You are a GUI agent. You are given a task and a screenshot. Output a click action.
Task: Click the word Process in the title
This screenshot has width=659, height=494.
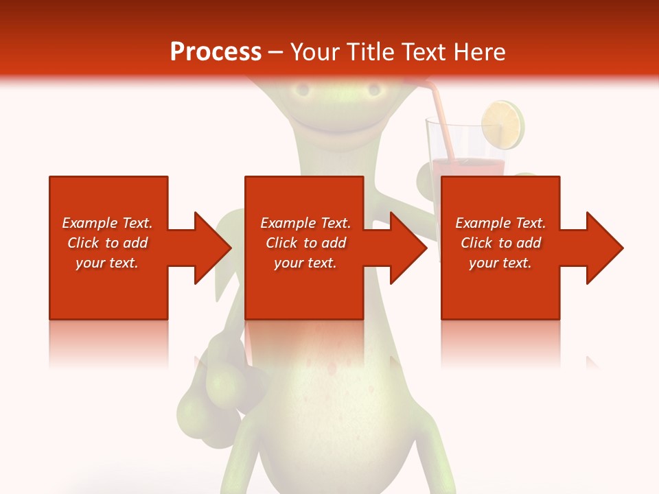point(216,52)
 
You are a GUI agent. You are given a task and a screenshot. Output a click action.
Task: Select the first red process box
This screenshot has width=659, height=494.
point(108,288)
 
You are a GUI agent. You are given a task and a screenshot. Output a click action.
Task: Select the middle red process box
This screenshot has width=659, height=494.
point(304,288)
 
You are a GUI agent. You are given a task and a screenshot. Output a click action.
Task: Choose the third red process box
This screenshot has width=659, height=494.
point(500,288)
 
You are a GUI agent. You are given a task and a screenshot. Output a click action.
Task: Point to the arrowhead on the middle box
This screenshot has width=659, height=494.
point(408,248)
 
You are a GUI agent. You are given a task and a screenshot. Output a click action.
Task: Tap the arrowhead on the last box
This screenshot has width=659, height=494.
point(603,248)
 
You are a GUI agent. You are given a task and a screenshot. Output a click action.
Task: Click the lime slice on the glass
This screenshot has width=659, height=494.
point(502,125)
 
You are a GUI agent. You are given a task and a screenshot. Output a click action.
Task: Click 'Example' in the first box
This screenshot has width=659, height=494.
point(90,223)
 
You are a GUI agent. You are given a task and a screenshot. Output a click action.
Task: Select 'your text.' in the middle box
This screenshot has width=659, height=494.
point(305,263)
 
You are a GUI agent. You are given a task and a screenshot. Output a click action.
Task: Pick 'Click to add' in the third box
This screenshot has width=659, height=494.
point(500,243)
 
